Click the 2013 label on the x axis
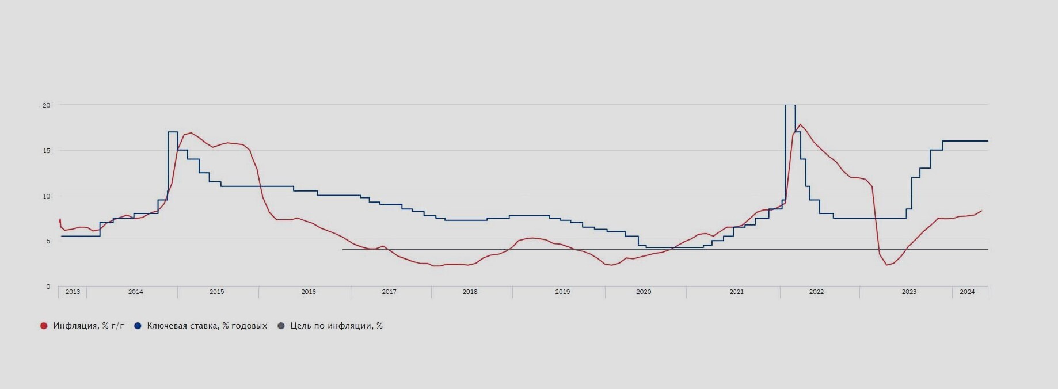[x=73, y=292]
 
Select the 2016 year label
[x=309, y=292]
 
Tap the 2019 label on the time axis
[x=562, y=292]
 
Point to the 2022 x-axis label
[x=816, y=292]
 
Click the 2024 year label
[x=967, y=292]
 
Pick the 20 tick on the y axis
[x=47, y=105]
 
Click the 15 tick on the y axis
[x=47, y=151]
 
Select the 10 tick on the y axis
[x=47, y=196]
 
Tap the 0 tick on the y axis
[x=48, y=287]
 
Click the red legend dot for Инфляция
[x=44, y=326]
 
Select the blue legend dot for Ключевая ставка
[x=138, y=326]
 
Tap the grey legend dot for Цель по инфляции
[x=281, y=326]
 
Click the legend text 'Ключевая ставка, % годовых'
[x=207, y=326]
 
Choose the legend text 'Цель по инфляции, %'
[x=336, y=326]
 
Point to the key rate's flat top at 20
[x=790, y=105]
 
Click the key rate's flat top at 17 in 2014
[x=173, y=132]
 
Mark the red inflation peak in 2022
[x=800, y=124]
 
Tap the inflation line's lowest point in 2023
[x=887, y=265]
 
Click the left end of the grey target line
[x=343, y=250]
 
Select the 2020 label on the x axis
[x=644, y=292]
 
